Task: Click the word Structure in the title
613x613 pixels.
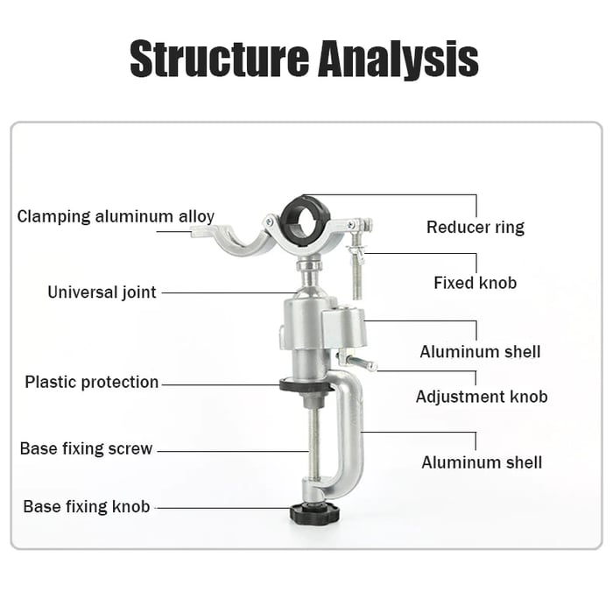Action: pos(218,58)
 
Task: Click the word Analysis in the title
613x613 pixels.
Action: pos(398,58)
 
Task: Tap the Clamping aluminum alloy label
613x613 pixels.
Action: pos(116,216)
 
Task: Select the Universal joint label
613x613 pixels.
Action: pos(102,292)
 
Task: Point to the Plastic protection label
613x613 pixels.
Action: pos(92,382)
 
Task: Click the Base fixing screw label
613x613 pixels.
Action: pos(86,449)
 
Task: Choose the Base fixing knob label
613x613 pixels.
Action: pos(86,507)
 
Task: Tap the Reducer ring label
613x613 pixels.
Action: pos(475,228)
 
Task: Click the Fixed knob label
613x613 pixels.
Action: pos(475,283)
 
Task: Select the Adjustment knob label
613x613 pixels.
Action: pos(481,397)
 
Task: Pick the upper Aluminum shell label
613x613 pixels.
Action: pos(480,352)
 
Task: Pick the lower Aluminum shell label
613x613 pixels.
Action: pos(482,462)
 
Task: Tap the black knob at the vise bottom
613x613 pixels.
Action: pos(310,511)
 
